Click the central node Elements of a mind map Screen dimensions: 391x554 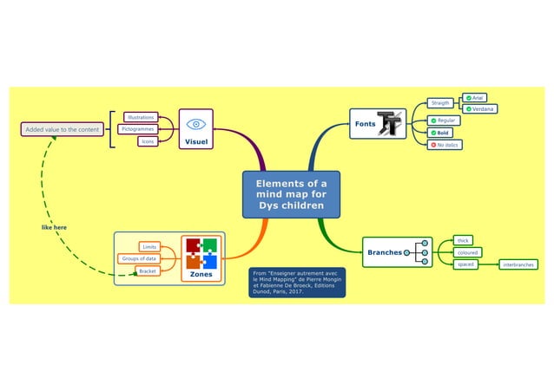291,195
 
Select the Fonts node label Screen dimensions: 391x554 364,124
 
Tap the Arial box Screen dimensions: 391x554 478,98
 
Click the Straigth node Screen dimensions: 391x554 441,103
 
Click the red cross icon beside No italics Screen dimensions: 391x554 433,145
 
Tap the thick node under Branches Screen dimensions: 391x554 463,240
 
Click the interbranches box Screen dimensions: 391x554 518,264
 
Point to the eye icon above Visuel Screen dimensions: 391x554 195,124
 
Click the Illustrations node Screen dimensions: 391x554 141,117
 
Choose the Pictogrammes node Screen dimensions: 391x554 136,129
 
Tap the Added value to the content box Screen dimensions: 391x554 62,130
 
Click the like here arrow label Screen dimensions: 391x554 54,227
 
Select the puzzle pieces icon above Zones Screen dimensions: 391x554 201,253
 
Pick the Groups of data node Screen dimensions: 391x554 138,258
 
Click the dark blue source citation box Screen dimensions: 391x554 297,283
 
